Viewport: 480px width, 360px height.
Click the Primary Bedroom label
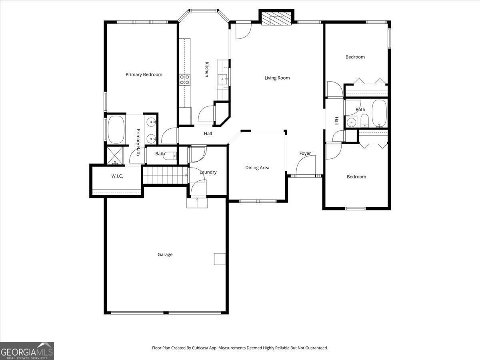(x=144, y=74)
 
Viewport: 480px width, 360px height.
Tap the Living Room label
(x=277, y=78)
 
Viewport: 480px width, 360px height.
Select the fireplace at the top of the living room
(x=276, y=18)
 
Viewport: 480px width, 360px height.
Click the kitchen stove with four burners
(x=184, y=80)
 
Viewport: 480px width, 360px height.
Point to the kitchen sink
(x=223, y=79)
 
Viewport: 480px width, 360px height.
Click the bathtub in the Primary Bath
(x=116, y=129)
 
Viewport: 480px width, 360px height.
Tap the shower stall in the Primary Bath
(x=115, y=156)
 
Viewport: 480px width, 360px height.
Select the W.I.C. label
(x=117, y=176)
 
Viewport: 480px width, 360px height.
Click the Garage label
(x=165, y=254)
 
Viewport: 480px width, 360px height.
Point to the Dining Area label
(x=257, y=168)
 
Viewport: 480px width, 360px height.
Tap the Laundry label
(x=208, y=172)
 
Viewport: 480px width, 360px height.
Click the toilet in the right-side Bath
(x=364, y=120)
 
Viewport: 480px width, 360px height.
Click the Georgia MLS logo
(x=27, y=351)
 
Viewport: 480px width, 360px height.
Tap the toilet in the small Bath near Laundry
(x=171, y=156)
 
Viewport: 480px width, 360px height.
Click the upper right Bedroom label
(x=355, y=57)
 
